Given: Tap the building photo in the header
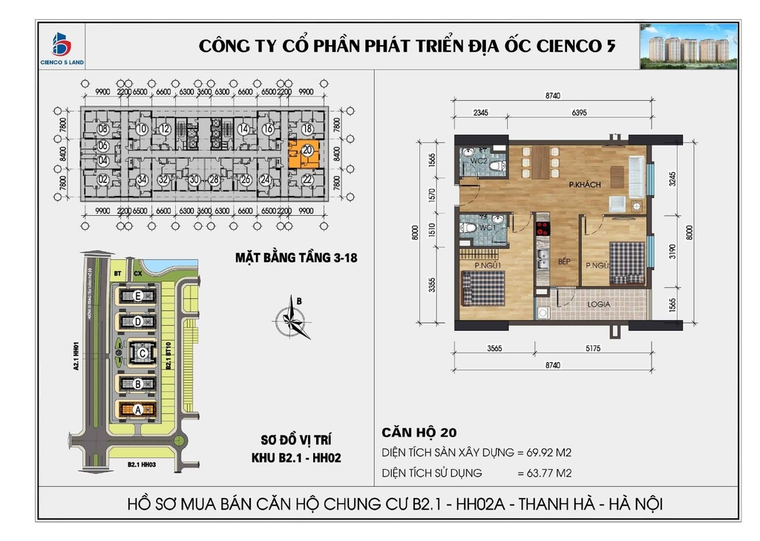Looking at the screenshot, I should (x=688, y=46).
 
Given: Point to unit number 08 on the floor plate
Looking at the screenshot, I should (x=103, y=128).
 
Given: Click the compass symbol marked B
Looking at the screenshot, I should (x=291, y=320).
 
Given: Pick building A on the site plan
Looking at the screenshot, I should (x=138, y=409).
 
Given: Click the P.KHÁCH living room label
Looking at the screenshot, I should (x=584, y=184).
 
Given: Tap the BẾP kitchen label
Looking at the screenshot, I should (x=544, y=263).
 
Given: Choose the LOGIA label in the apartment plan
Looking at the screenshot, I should (x=599, y=304).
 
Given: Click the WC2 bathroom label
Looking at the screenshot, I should (x=479, y=160).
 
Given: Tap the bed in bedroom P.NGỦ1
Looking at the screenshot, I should (x=483, y=286).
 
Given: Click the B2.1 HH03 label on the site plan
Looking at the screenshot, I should (x=142, y=465).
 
